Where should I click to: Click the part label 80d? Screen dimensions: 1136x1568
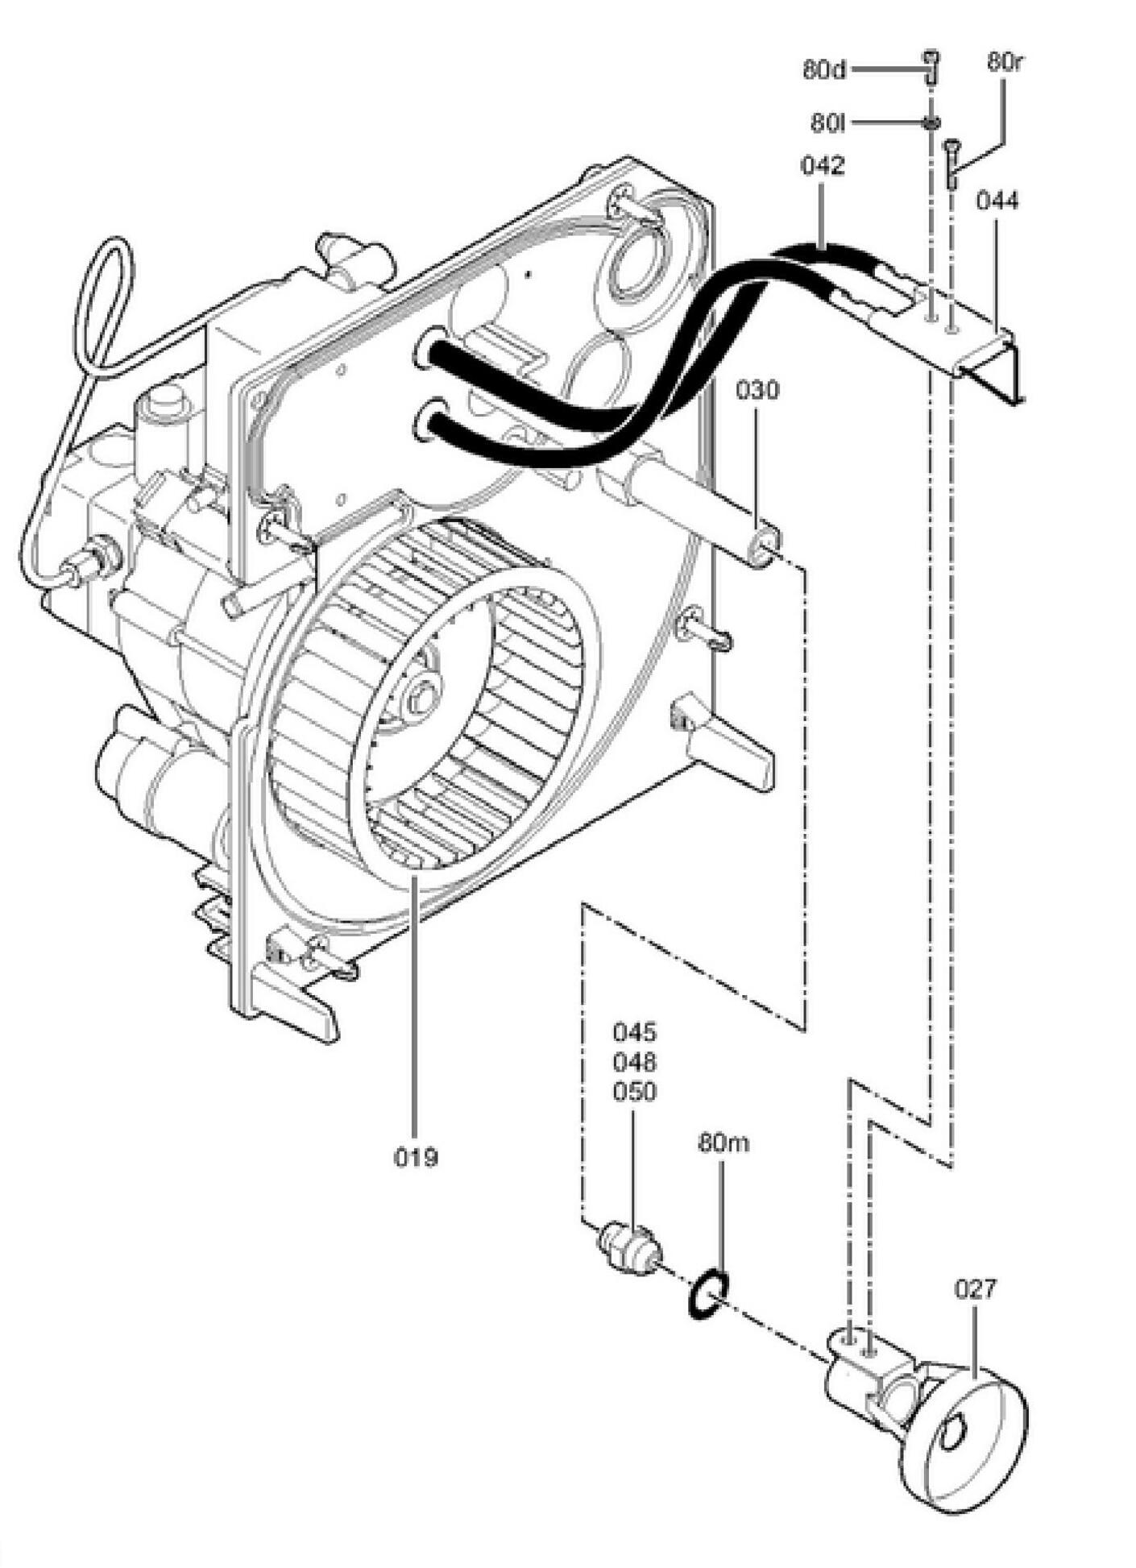click(824, 69)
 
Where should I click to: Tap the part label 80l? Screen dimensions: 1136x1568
click(828, 123)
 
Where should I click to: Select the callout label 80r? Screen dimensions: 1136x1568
click(1004, 62)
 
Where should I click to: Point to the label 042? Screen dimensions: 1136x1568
click(823, 165)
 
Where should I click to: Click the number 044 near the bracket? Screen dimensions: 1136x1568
click(997, 200)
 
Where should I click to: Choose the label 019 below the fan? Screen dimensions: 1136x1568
click(416, 1158)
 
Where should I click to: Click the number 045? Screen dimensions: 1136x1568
click(635, 1031)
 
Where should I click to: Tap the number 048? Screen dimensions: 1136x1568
click(635, 1061)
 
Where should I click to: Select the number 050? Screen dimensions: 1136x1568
click(635, 1092)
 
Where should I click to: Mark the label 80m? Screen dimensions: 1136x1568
click(723, 1143)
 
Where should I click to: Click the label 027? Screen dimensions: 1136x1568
click(975, 1288)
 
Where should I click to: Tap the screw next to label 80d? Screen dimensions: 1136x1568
click(931, 67)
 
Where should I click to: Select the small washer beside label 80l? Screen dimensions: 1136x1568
click(931, 122)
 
